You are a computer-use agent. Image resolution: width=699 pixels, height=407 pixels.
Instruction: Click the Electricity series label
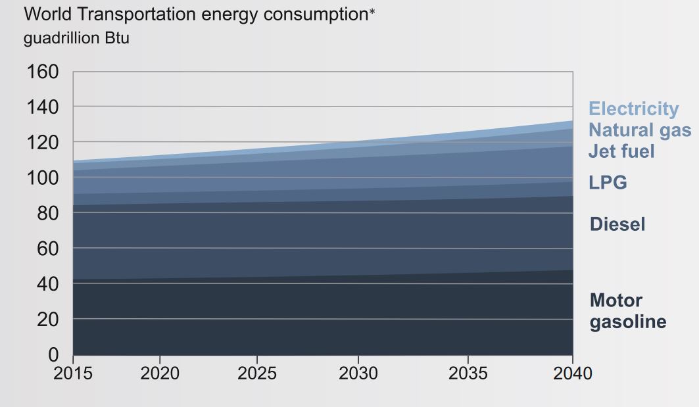[x=633, y=108]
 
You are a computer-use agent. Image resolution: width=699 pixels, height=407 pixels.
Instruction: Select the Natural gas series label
[x=639, y=130]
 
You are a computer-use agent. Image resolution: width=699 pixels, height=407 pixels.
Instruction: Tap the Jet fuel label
[x=621, y=151]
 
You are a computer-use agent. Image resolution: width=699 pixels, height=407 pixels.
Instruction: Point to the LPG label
[x=608, y=182]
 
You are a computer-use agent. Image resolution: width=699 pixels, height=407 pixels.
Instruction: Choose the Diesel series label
[x=617, y=224]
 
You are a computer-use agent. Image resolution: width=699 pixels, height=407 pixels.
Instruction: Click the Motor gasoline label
[x=627, y=311]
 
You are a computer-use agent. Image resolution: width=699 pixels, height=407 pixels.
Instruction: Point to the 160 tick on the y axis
[x=42, y=71]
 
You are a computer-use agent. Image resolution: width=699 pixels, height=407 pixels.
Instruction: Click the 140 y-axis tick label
[x=42, y=107]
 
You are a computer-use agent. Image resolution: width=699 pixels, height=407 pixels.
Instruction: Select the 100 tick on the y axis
[x=42, y=178]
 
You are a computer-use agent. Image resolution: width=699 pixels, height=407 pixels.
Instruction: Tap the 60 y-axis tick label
[x=47, y=249]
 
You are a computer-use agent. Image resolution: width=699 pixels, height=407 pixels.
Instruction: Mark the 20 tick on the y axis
[x=47, y=320]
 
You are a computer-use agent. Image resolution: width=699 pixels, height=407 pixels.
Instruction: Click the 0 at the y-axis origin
[x=53, y=355]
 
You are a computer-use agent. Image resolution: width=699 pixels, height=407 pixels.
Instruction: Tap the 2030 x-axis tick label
[x=358, y=373]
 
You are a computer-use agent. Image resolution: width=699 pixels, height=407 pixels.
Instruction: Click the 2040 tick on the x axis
[x=571, y=373]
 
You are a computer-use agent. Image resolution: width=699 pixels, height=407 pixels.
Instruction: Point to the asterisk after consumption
[x=372, y=12]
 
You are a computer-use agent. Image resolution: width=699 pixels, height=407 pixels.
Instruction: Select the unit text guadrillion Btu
[x=76, y=38]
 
